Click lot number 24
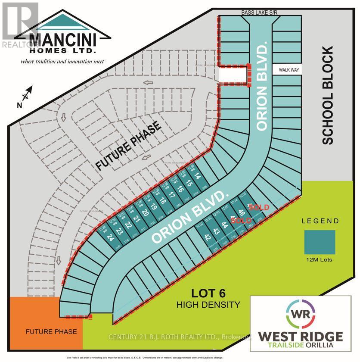click(111, 237)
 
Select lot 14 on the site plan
click(198, 176)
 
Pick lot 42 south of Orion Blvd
click(208, 237)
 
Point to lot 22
click(128, 225)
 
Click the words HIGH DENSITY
click(208, 305)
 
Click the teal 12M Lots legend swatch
click(320, 242)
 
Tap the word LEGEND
click(320, 221)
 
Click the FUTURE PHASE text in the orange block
click(51, 332)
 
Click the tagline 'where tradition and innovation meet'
click(62, 61)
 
